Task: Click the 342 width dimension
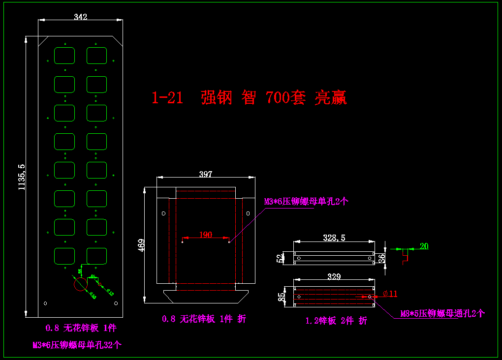pyautogui.click(x=81, y=17)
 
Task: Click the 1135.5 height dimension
pyautogui.click(x=21, y=177)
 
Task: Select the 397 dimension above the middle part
pyautogui.click(x=206, y=174)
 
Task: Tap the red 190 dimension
pyautogui.click(x=206, y=235)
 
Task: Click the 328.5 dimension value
pyautogui.click(x=334, y=238)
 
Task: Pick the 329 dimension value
pyautogui.click(x=334, y=277)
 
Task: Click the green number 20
pyautogui.click(x=424, y=246)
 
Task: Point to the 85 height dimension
pyautogui.click(x=281, y=297)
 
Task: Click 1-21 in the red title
pyautogui.click(x=167, y=98)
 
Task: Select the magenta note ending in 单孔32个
pyautogui.click(x=77, y=345)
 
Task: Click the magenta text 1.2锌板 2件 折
pyautogui.click(x=336, y=321)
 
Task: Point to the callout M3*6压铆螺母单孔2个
pyautogui.click(x=306, y=202)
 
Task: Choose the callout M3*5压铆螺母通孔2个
pyautogui.click(x=442, y=313)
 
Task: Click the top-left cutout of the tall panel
pyautogui.click(x=64, y=56)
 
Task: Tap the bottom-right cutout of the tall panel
pyautogui.click(x=97, y=256)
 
